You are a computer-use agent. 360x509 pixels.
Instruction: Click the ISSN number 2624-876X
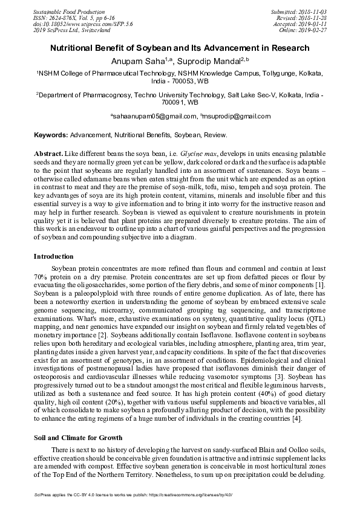click(62, 18)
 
